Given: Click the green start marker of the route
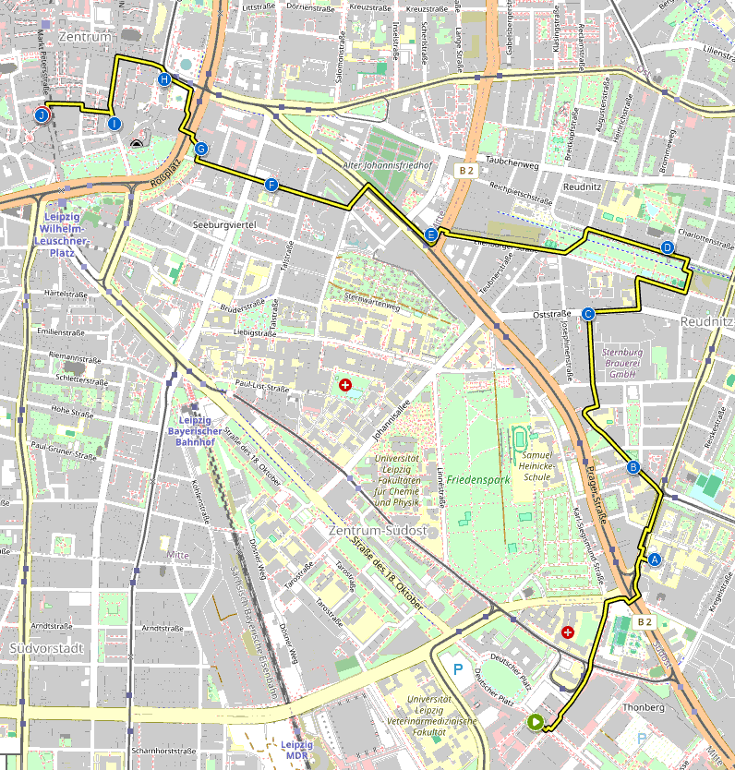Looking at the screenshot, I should point(535,722).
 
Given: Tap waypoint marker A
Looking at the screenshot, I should point(655,559).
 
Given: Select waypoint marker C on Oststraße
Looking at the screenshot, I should point(588,314).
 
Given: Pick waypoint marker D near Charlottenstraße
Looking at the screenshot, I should point(668,247).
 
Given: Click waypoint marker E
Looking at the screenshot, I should point(431,235).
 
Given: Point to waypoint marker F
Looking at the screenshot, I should point(271,185).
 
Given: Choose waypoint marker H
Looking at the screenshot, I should point(164,79).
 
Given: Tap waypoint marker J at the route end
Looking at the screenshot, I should point(42,115).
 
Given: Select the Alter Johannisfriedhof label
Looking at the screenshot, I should point(388,166).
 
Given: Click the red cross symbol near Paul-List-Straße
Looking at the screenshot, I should point(345,384).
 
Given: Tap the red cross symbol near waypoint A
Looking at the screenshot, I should point(567,632).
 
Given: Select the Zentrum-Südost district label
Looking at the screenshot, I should point(377,531).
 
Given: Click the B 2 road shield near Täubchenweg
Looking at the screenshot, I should point(466,171).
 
